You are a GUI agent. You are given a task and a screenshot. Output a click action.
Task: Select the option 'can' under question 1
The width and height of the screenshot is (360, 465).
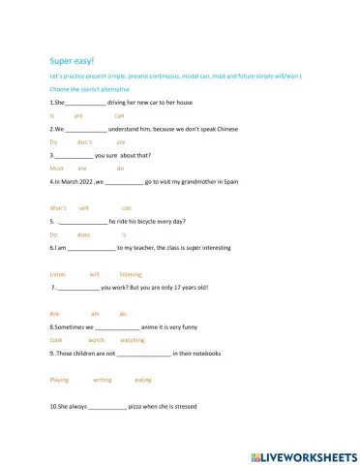click(119, 114)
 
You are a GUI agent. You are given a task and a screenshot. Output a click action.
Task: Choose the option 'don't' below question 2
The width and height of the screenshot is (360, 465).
click(84, 141)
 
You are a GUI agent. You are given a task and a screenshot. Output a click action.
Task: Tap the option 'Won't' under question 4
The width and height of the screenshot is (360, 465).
click(57, 207)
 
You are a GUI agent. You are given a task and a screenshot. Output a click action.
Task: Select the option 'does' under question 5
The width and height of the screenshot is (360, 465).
click(83, 234)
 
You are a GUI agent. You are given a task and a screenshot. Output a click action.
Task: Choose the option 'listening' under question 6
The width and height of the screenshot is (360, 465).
click(130, 274)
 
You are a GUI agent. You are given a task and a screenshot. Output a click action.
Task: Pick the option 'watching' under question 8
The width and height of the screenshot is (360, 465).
click(133, 341)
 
